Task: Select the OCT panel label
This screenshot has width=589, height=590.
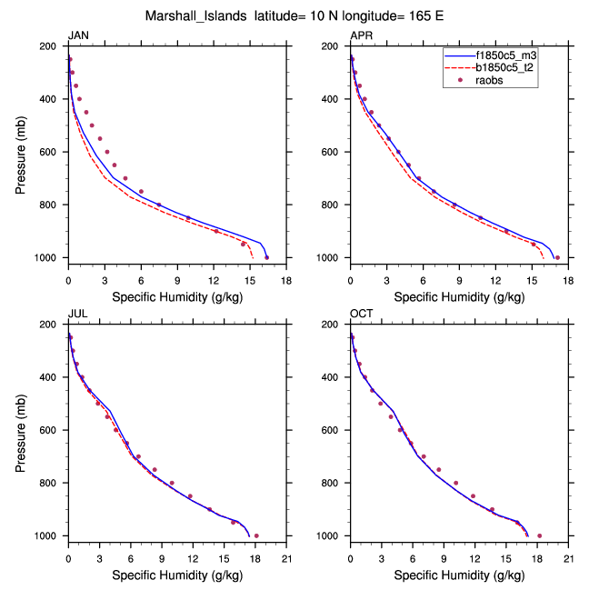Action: [361, 315]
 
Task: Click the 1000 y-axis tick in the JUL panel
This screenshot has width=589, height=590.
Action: [50, 536]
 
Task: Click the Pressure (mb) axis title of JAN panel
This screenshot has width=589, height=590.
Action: [22, 152]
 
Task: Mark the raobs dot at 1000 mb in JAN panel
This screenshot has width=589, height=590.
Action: [266, 257]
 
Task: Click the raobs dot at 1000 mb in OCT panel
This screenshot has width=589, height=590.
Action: [539, 535]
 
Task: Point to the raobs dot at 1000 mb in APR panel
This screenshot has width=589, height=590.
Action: [557, 257]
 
